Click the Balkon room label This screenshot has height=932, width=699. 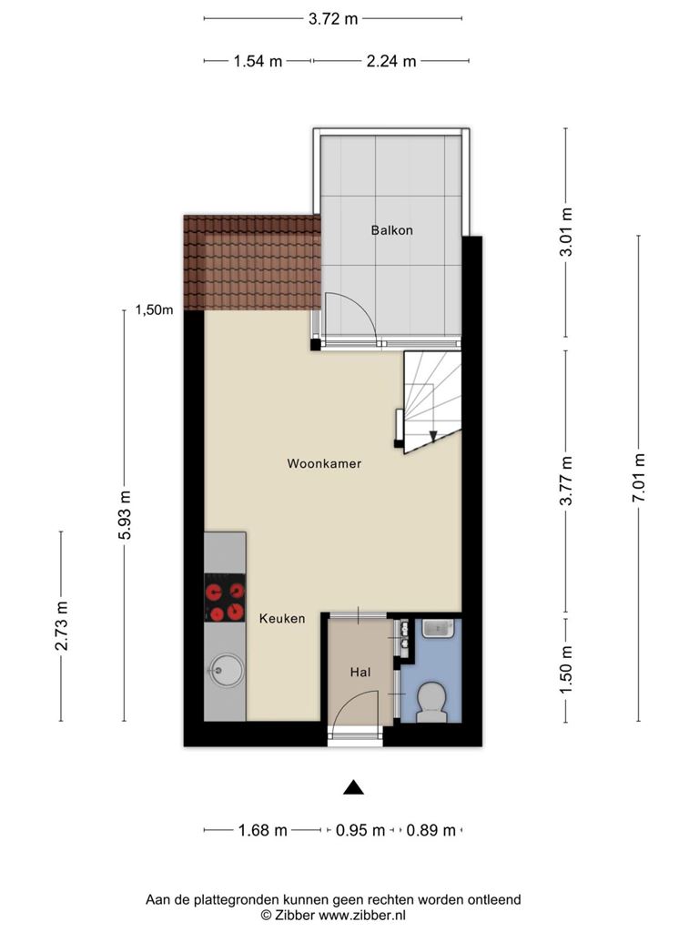pyautogui.click(x=391, y=230)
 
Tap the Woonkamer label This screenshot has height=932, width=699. pyautogui.click(x=324, y=463)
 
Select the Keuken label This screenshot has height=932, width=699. pyautogui.click(x=282, y=619)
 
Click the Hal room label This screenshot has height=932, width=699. pyautogui.click(x=360, y=673)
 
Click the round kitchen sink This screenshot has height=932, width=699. pyautogui.click(x=226, y=671)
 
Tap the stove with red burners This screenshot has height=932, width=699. pyautogui.click(x=225, y=598)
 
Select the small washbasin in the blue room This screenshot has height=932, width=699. pyautogui.click(x=438, y=629)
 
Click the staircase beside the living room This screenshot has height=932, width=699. pyautogui.click(x=432, y=402)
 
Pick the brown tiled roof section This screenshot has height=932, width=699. pyautogui.click(x=252, y=262)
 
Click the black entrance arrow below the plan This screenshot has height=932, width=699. pyautogui.click(x=354, y=787)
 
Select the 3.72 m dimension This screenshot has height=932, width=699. pyautogui.click(x=333, y=19)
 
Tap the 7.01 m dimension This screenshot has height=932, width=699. pyautogui.click(x=638, y=478)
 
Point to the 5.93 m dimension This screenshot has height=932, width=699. pyautogui.click(x=125, y=515)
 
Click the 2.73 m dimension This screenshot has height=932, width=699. pyautogui.click(x=61, y=625)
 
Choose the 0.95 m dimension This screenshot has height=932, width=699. pyautogui.click(x=360, y=830)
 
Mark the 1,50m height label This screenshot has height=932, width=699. pyautogui.click(x=154, y=309)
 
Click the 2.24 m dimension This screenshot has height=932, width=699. pyautogui.click(x=391, y=61)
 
